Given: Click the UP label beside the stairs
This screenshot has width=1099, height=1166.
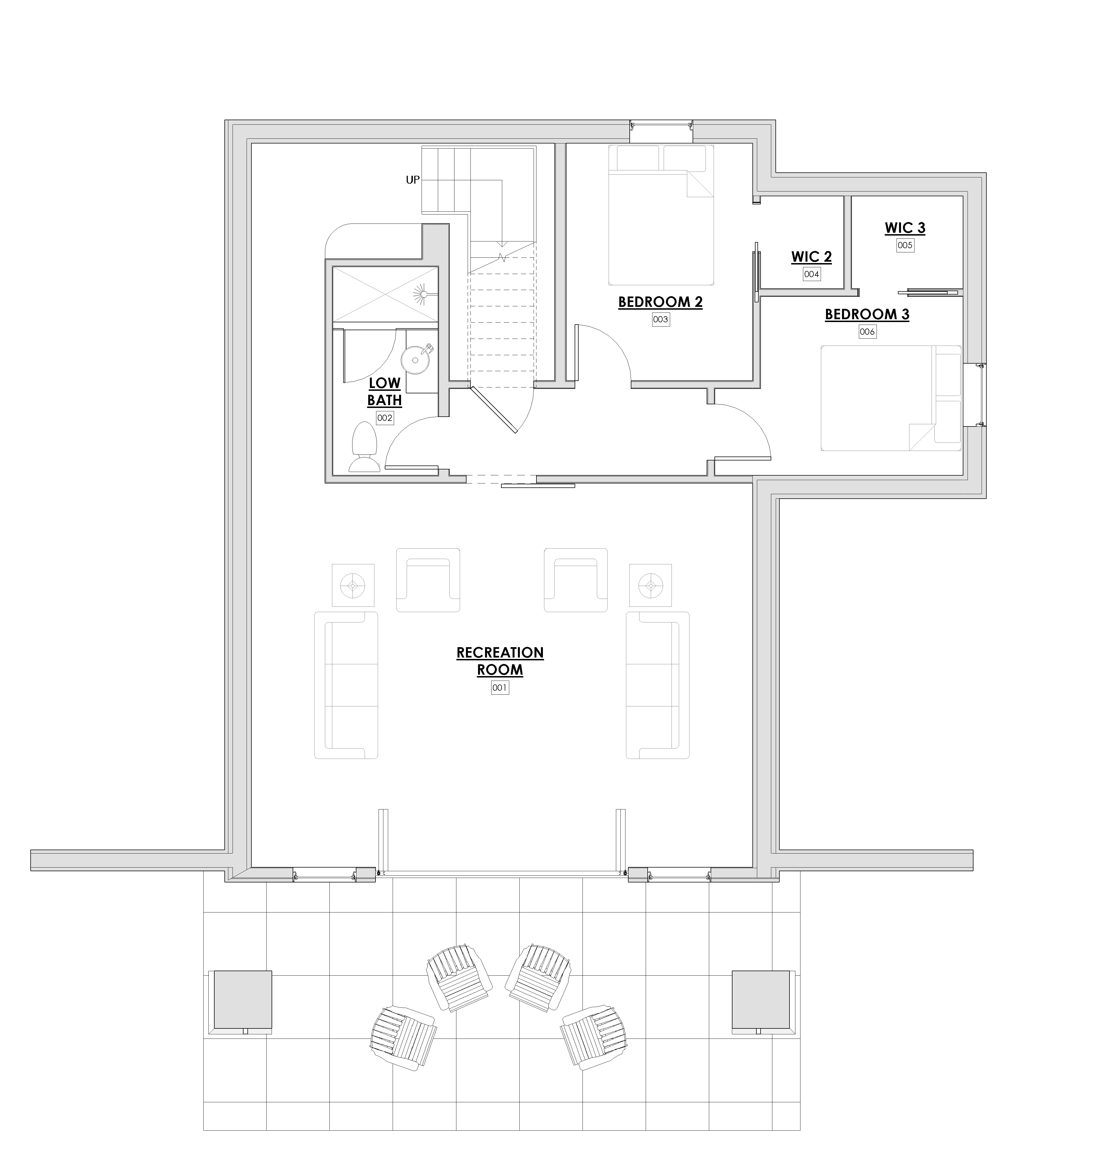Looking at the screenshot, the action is click(x=413, y=180).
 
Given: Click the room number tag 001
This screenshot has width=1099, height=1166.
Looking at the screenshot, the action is click(x=500, y=687).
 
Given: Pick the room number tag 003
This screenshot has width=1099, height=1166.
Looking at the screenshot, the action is click(x=661, y=320).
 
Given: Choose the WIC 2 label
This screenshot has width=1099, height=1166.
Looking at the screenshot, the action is click(x=811, y=257).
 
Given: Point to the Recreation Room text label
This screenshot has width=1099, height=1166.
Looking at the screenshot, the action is click(x=500, y=661).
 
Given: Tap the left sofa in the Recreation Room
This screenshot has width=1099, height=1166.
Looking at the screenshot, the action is click(x=346, y=685).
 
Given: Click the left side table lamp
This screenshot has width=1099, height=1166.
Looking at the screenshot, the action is click(x=353, y=585).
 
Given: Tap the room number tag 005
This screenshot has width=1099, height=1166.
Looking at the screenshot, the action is click(x=905, y=245).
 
